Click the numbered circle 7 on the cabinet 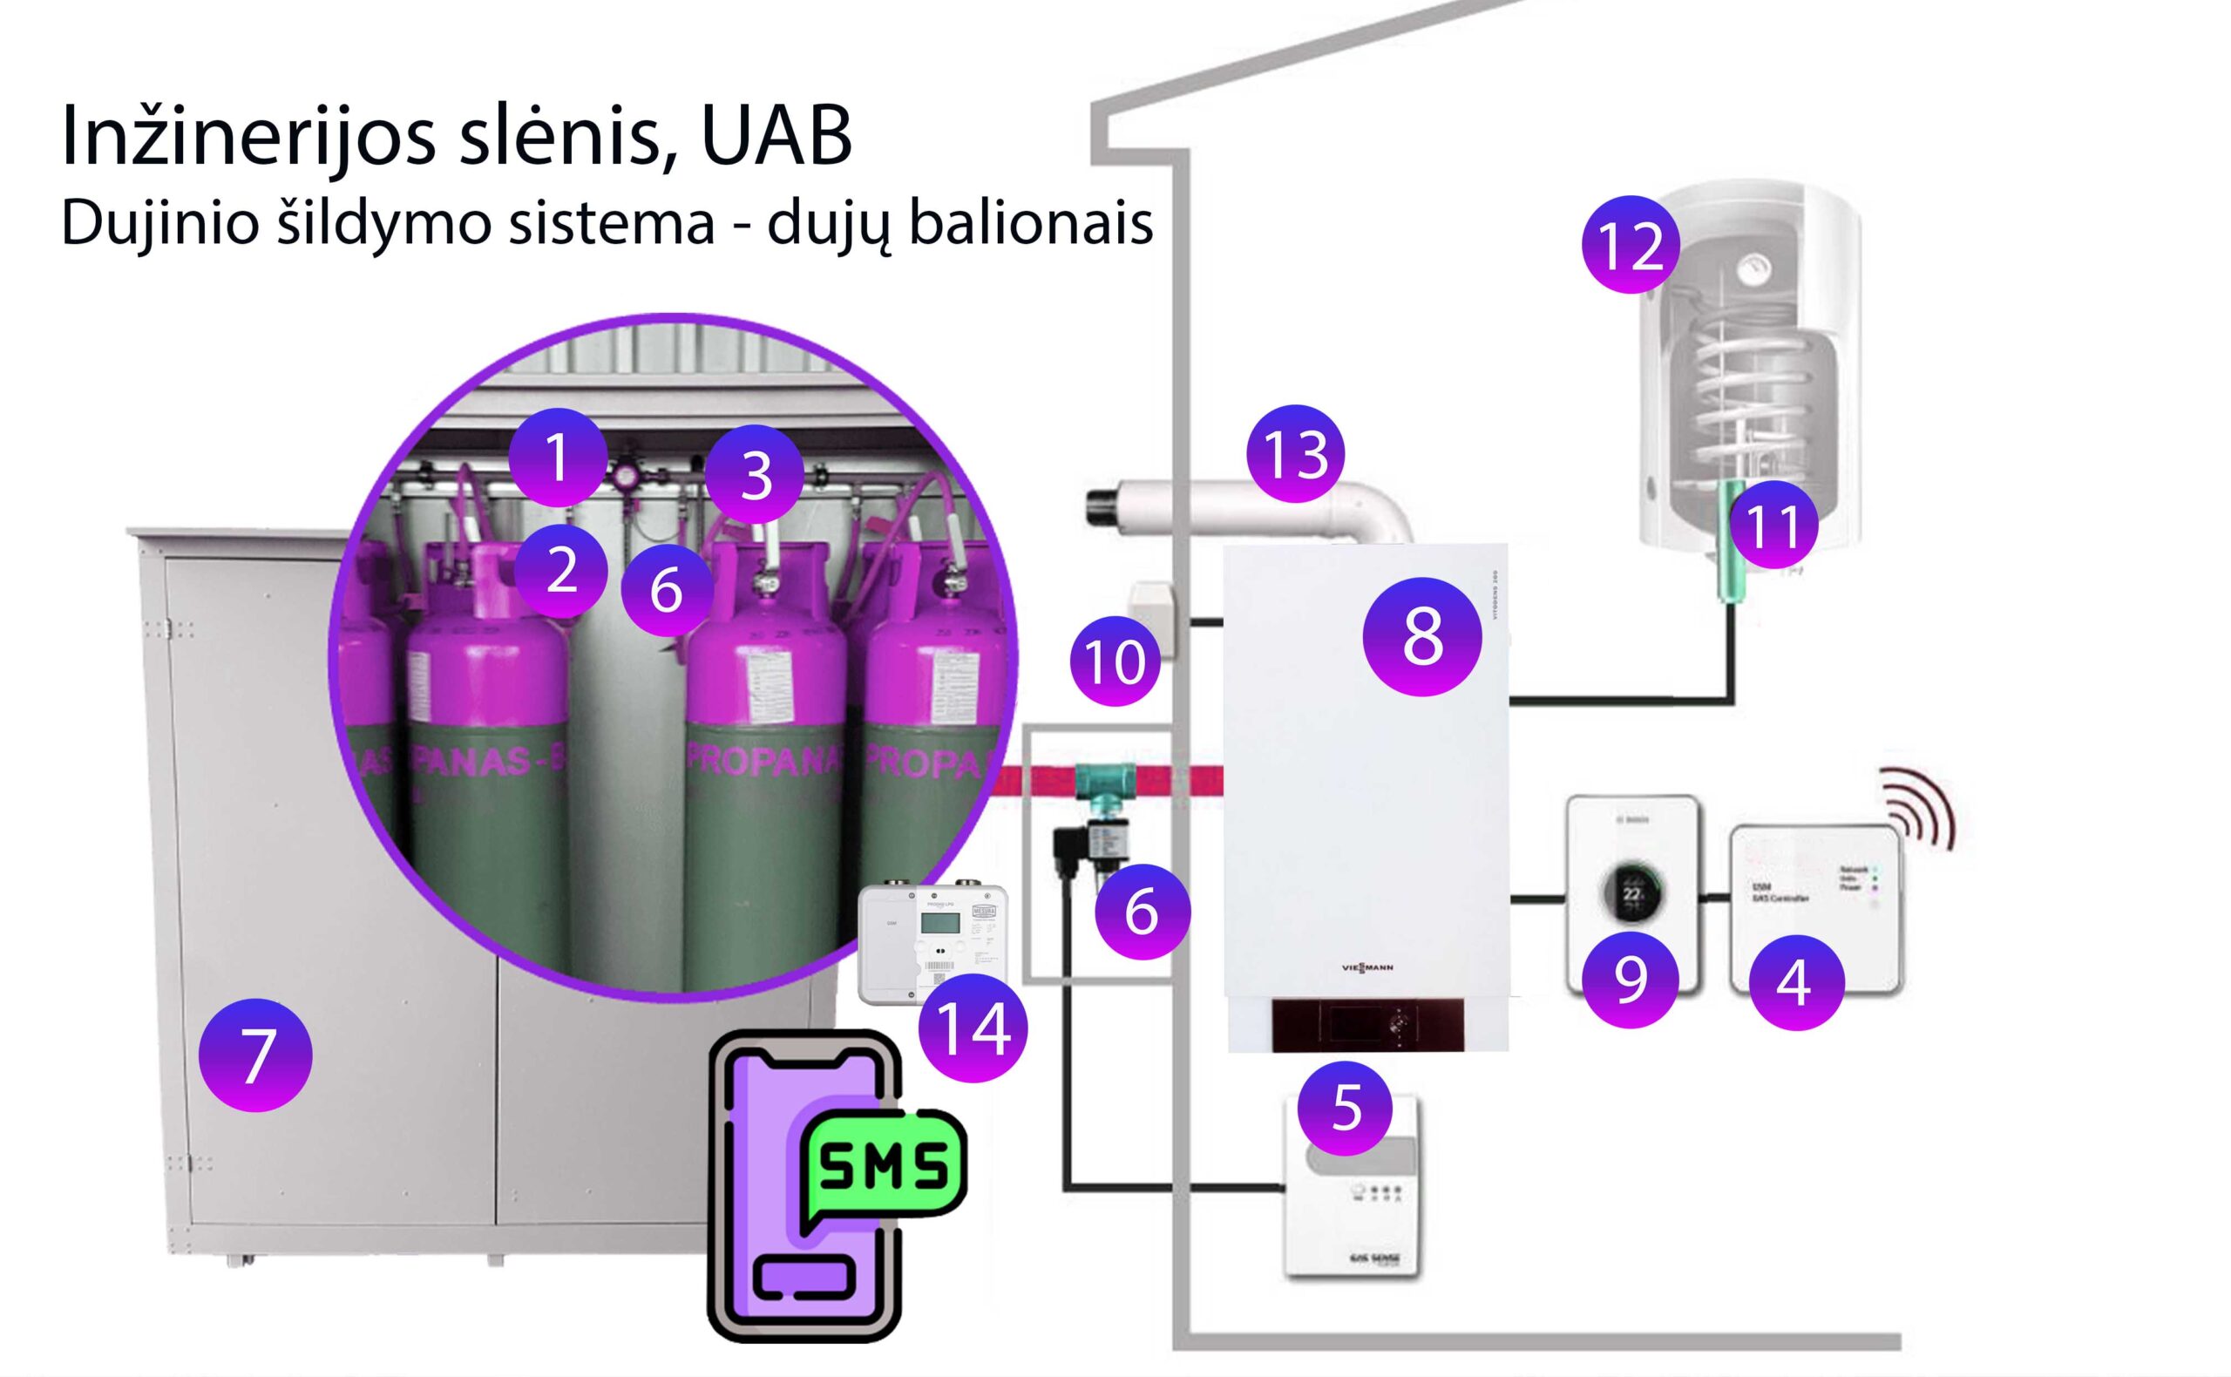255,1055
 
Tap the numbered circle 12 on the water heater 1630,244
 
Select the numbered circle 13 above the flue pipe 1295,452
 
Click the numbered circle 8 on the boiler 1421,636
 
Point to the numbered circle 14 973,1028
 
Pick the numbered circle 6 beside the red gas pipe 1142,911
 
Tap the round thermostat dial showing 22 1631,892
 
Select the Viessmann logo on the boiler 1366,967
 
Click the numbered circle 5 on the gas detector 1345,1108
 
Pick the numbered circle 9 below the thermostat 1630,979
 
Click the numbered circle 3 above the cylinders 755,472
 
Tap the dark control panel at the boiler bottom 1366,1025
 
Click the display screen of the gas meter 939,923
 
